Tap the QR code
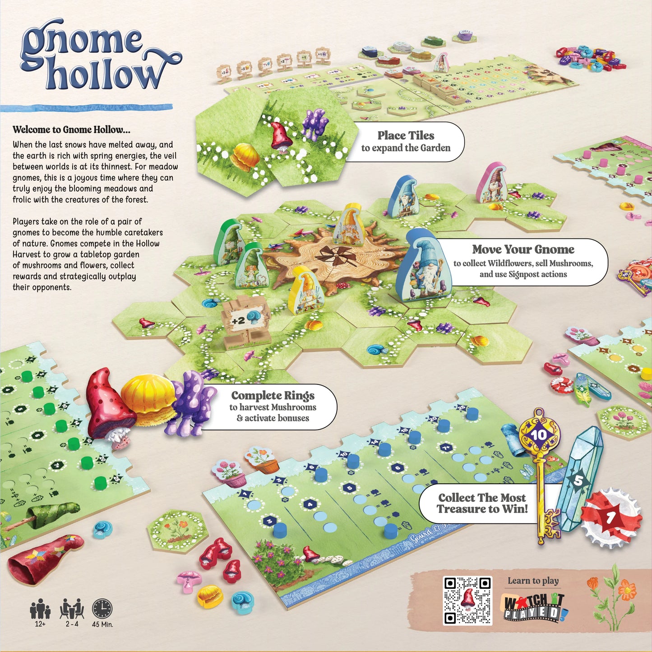pos(467,601)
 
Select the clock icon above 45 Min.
pos(102,609)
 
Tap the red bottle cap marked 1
pos(611,517)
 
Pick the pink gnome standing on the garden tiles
pos(493,183)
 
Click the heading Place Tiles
pos(406,135)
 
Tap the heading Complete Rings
pos(273,396)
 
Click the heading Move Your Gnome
pos(523,250)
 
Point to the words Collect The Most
pos(482,498)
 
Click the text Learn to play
pos(533,581)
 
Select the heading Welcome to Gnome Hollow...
pos(71,130)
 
